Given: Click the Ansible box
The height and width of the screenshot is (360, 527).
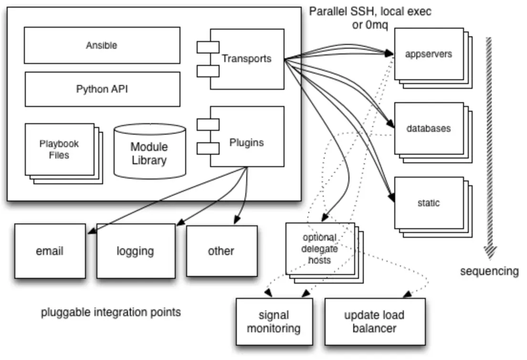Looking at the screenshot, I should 102,45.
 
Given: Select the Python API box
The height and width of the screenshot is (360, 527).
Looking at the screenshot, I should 102,89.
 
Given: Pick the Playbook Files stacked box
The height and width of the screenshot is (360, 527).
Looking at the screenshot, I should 59,149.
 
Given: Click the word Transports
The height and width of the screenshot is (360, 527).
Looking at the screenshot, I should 246,59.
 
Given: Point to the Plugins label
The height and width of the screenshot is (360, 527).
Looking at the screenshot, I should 246,142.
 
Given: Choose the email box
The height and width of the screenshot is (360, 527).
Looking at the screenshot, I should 50,251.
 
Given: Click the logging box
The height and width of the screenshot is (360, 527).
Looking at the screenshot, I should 135,251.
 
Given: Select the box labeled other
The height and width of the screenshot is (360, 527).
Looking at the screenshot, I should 221,251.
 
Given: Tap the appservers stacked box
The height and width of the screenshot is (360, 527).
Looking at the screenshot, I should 428,54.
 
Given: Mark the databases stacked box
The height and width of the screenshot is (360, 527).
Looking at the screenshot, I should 428,128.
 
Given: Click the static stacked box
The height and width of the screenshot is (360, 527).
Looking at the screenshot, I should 428,203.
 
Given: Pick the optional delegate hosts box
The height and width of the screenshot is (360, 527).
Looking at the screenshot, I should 319,248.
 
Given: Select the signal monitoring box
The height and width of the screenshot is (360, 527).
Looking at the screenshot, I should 274,322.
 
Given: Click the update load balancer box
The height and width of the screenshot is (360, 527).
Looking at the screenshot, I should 374,322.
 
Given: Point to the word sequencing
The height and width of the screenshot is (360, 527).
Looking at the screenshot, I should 489,271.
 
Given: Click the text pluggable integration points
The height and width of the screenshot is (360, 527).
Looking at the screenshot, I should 111,313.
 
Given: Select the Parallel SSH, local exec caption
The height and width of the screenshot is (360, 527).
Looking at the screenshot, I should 370,11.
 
